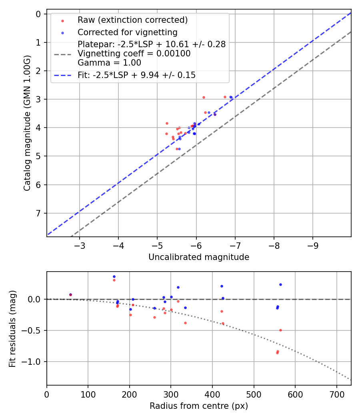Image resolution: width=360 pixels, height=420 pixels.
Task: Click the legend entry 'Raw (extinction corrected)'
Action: coord(132,20)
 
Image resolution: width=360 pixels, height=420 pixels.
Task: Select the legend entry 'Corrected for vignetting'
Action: coord(127,32)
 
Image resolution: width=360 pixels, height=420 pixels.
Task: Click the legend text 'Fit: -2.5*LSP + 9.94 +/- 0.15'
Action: coord(136,75)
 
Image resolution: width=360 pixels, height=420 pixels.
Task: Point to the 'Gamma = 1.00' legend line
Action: coord(109,62)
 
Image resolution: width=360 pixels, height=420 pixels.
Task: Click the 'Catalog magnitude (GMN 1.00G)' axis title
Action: coord(27,123)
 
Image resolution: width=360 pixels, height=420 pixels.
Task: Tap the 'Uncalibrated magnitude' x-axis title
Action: coord(199,257)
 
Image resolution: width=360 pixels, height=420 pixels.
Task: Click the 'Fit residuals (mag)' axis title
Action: coord(12,328)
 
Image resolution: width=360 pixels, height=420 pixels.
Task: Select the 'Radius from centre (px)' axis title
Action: coord(199,406)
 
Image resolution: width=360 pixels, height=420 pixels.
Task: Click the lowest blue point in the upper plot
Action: coord(179,149)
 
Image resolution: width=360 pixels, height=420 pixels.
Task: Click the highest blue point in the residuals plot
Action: coord(114,276)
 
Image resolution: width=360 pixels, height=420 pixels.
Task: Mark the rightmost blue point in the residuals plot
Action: coord(280,284)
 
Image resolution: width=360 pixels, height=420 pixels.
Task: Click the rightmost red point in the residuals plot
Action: coord(280,330)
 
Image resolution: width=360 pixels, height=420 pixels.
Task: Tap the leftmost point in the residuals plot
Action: coord(70,295)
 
